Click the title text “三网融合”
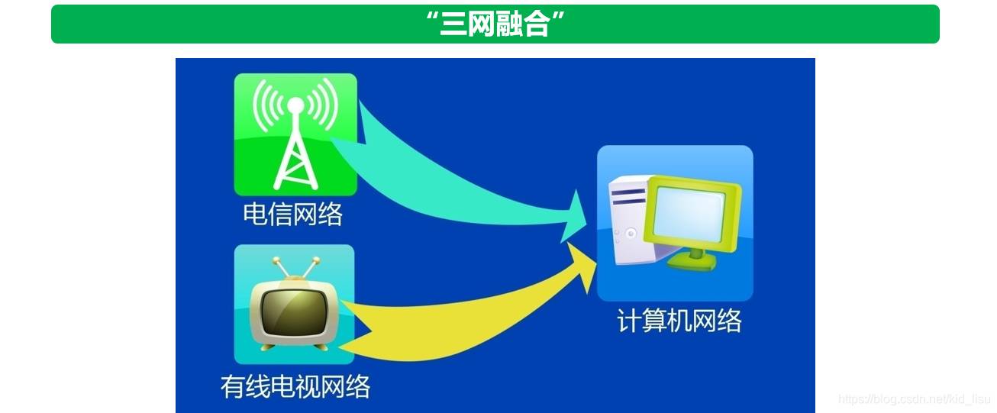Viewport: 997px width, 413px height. [495, 24]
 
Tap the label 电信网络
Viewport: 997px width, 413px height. [293, 214]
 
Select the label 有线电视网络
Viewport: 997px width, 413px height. [295, 386]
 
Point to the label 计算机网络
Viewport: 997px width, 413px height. [679, 321]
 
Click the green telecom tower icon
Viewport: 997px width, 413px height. [295, 134]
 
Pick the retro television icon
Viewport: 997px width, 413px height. [294, 304]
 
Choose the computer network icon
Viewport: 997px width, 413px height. [675, 223]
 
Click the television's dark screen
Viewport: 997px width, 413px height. [294, 312]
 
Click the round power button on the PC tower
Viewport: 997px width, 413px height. [631, 233]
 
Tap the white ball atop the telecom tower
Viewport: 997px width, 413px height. [295, 105]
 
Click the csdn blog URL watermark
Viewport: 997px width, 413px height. [915, 398]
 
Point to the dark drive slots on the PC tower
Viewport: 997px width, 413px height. [628, 197]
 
